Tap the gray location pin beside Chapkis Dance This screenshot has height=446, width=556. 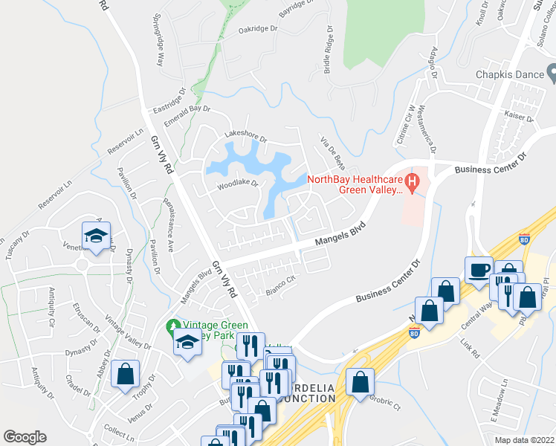coord(552,73)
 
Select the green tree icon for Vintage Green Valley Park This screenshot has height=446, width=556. coord(173,326)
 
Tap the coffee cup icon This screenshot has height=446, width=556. coord(478,270)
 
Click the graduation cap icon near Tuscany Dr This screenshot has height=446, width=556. coord(96,236)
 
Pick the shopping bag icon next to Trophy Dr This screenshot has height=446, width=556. coord(125,373)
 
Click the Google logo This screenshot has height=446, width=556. coord(25,437)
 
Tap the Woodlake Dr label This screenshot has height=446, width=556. coord(237,184)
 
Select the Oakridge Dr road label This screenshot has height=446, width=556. coord(257,30)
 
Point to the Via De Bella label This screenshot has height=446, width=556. coord(332,151)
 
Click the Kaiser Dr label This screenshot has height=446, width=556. coord(519,117)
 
